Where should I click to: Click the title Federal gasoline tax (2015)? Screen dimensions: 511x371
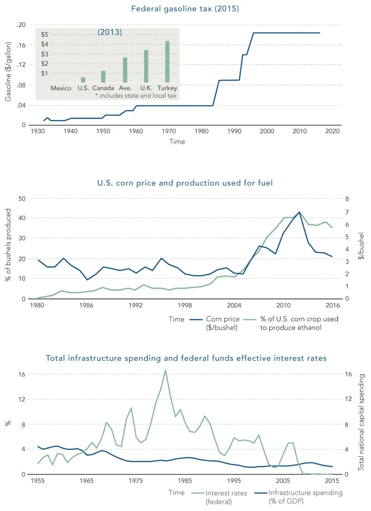[185, 9]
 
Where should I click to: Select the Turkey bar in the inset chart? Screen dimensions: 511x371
[167, 62]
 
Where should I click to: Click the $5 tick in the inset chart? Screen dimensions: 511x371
[45, 34]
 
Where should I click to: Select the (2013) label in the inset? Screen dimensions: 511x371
[110, 32]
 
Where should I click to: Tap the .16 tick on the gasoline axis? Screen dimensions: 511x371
[20, 45]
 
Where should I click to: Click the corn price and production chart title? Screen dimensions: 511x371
[185, 183]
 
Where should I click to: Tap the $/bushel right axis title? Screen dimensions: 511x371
[361, 249]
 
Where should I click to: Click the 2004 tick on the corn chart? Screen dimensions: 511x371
[234, 306]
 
